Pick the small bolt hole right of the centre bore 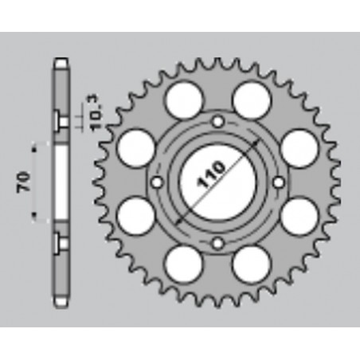point(277,182)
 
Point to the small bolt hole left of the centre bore point(158,182)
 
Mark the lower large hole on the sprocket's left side point(133,216)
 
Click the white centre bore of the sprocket point(217,182)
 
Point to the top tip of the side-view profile point(61,61)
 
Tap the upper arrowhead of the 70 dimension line point(34,147)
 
